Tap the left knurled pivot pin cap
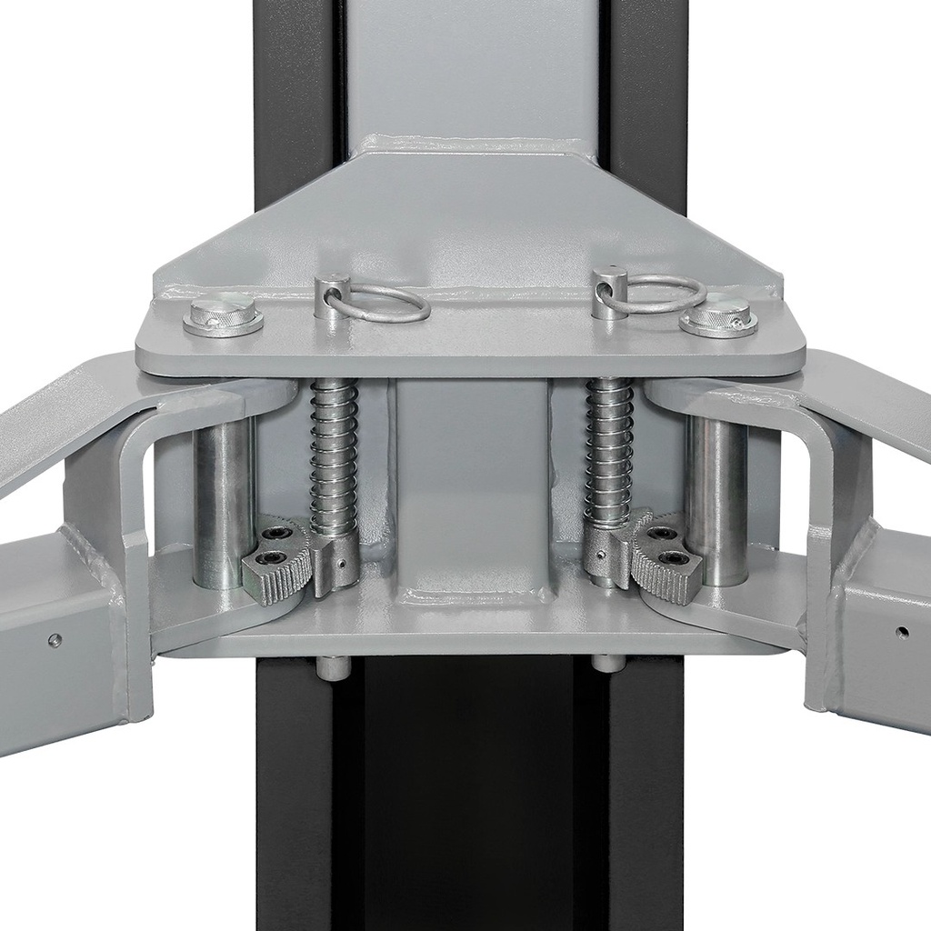tap(223, 315)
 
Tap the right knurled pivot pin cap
tap(718, 315)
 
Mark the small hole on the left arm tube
tap(55, 639)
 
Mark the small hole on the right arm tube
tap(901, 631)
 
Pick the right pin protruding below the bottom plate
tap(608, 663)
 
